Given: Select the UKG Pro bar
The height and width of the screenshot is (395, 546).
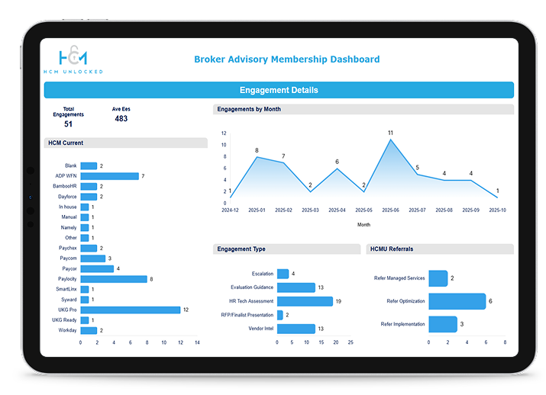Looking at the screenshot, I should tap(130, 310).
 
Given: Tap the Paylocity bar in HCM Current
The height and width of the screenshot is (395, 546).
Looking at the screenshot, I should tap(114, 279).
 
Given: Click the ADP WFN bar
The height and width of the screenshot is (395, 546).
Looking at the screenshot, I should tap(109, 176).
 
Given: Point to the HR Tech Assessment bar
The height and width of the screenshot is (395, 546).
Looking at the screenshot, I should tap(305, 301).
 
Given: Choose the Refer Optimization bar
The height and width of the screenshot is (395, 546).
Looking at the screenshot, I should tap(457, 301).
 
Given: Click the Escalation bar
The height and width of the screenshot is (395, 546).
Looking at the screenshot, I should tap(283, 274).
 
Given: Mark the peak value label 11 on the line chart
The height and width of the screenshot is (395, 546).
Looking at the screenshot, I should tap(390, 133).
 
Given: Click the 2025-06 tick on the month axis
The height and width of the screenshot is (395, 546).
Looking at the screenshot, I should tap(390, 210).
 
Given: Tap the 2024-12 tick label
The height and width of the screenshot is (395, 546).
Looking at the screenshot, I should tap(231, 210).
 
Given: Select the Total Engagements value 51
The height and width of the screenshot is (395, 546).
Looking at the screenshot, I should tap(69, 124).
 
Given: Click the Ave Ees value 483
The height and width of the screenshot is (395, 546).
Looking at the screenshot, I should tap(121, 119).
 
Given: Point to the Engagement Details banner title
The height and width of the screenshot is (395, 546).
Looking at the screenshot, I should tap(279, 90).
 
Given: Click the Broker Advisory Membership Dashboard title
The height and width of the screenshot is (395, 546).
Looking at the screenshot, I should tap(286, 59).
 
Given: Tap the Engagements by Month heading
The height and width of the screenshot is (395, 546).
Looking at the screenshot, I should tap(249, 109).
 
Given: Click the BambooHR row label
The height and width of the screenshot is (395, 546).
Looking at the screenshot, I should tap(65, 186).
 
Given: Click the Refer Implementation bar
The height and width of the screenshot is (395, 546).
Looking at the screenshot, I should tap(443, 324).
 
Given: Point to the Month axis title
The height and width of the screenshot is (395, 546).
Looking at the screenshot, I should tap(364, 225).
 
